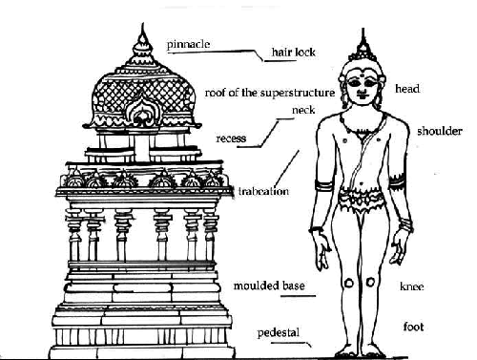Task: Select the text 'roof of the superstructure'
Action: [269, 93]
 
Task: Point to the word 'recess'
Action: [231, 138]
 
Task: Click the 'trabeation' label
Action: [265, 189]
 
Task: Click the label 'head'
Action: [407, 89]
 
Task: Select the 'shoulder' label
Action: [439, 131]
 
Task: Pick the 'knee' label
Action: [412, 286]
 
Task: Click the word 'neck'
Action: [302, 110]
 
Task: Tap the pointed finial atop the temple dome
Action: [144, 40]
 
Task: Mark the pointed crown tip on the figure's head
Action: [363, 38]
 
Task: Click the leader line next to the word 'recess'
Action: [267, 135]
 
